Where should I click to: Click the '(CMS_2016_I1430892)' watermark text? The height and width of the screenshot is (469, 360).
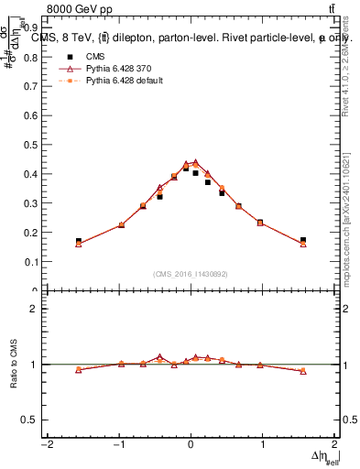[x=191, y=274]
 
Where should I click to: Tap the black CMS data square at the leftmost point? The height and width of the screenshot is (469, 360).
[x=79, y=241]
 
